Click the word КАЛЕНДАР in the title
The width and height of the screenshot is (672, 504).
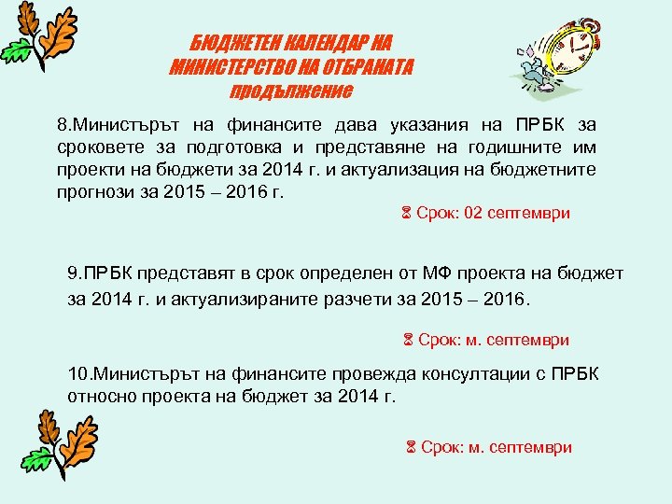pyautogui.click(x=313, y=44)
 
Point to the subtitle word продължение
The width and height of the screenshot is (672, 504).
pyautogui.click(x=290, y=91)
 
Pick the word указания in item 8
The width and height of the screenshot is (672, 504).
pyautogui.click(x=391, y=125)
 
